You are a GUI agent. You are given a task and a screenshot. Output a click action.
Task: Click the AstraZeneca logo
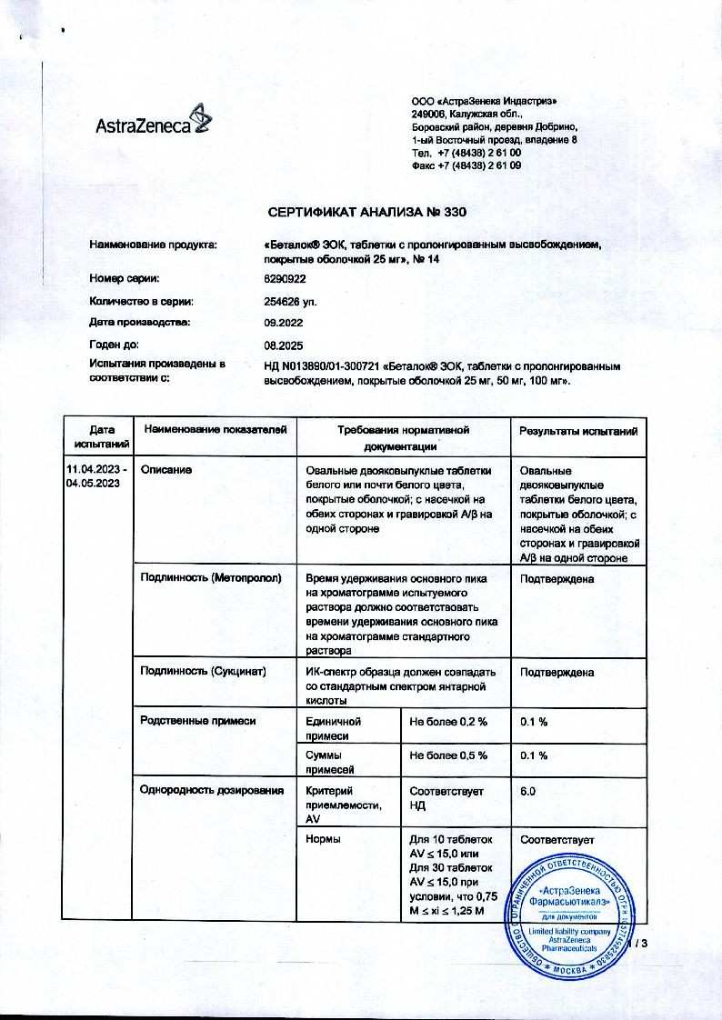[x=152, y=124]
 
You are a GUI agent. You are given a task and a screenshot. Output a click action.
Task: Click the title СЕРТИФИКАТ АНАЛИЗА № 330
[x=367, y=213]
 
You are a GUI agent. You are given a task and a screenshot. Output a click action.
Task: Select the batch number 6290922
[x=286, y=278]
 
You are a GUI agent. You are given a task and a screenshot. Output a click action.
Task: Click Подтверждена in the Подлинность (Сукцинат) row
[x=557, y=673]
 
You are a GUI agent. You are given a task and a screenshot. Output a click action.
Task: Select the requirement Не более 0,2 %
[x=448, y=721]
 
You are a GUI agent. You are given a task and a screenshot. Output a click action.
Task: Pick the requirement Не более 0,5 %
[x=448, y=755]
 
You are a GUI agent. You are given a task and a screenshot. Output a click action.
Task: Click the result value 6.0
[x=527, y=792]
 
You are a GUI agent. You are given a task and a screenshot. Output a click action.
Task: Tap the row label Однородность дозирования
[x=212, y=791]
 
